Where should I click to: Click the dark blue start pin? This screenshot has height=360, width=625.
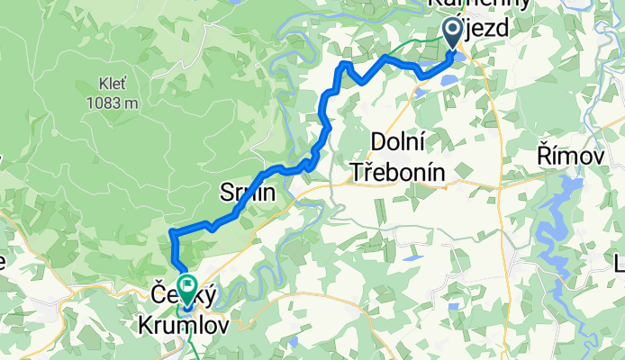coord(453,33)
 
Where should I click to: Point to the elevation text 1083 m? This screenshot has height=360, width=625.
coord(113,102)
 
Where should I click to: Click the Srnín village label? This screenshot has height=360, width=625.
coord(244,190)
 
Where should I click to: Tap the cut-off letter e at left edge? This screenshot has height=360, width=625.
coord(3,262)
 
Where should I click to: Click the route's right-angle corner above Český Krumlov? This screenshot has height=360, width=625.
coord(171,233)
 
